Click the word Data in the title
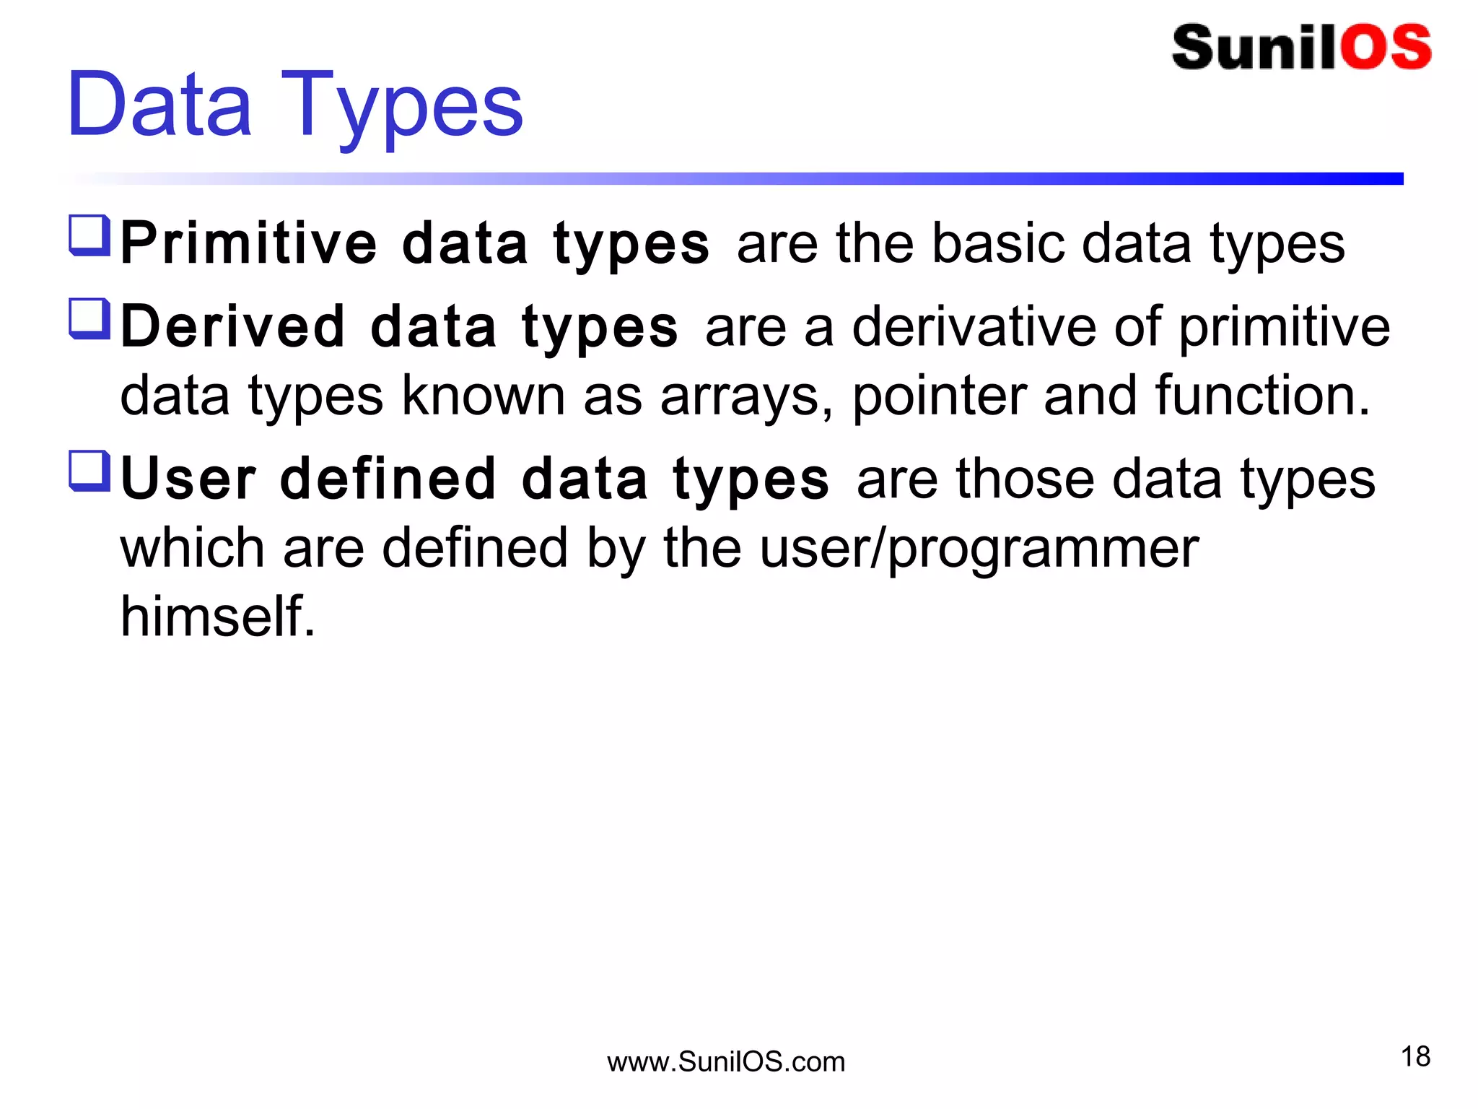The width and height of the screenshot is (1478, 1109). (x=159, y=105)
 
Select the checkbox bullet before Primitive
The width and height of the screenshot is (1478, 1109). (x=89, y=235)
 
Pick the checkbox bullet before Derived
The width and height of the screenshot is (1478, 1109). (x=89, y=318)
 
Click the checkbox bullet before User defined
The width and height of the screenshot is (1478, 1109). (x=89, y=471)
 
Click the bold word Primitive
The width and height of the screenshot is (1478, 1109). (x=248, y=244)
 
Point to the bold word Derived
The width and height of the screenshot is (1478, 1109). (x=233, y=327)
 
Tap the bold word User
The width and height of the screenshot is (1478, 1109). (x=188, y=479)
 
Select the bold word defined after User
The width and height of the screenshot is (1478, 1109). (x=388, y=479)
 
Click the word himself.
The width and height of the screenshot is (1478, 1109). (x=217, y=617)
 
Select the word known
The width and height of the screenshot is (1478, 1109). (x=483, y=396)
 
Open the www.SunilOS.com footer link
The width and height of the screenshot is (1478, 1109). (x=726, y=1062)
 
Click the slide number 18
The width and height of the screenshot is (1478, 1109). (x=1415, y=1057)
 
